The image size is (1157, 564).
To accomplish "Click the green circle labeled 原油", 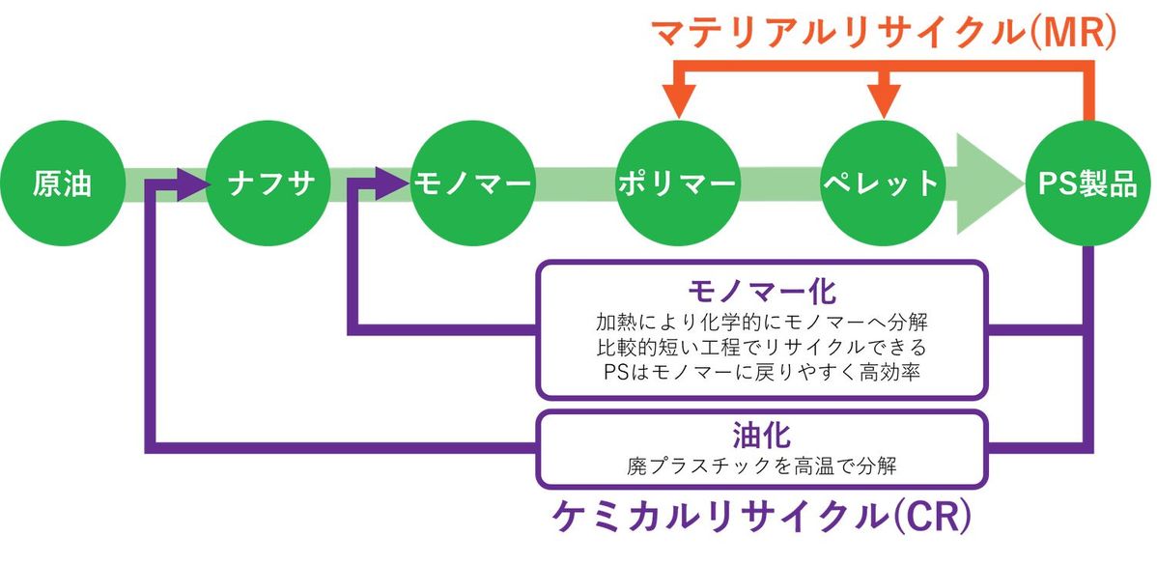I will point(62,183).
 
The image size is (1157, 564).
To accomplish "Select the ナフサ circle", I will point(267,183).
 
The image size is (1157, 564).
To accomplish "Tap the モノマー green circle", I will point(471,183).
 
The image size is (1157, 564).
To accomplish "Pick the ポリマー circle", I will point(676,183).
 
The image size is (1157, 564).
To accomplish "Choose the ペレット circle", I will point(881,183).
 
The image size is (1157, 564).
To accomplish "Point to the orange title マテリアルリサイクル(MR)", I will point(884,31).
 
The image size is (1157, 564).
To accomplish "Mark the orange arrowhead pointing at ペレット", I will point(882,101).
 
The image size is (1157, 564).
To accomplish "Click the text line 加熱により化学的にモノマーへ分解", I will point(762,320).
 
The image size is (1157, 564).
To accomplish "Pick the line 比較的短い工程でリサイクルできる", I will point(762,345).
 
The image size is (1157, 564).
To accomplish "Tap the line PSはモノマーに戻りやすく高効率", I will point(762,371).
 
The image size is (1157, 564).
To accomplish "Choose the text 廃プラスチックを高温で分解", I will point(762,465).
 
